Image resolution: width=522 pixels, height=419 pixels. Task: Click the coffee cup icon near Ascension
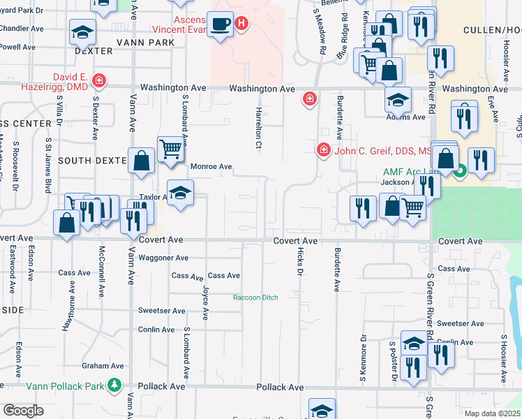[222, 25]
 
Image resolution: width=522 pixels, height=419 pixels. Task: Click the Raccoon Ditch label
[255, 297]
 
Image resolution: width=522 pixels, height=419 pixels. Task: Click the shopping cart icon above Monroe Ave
[170, 147]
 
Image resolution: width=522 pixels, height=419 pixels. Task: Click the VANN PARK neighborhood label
[147, 43]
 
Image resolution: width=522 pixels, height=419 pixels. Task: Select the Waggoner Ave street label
[163, 258]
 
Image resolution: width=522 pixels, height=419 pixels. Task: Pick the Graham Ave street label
[103, 365]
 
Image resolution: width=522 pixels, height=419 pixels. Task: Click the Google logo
[23, 411]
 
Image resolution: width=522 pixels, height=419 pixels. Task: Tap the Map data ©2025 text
[493, 413]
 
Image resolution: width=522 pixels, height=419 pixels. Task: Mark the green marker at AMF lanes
[461, 170]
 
